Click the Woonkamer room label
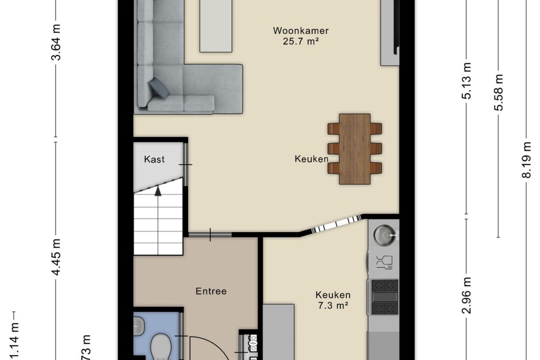(x=301, y=31)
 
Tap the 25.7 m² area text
(x=301, y=42)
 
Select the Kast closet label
(x=154, y=159)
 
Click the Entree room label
(x=211, y=291)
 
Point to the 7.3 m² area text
(x=333, y=306)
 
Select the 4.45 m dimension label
(x=56, y=256)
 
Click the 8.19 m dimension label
(x=526, y=159)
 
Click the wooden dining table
(x=355, y=149)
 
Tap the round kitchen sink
(x=383, y=235)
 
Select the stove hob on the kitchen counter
(x=384, y=297)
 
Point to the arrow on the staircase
(x=158, y=190)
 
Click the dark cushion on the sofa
(x=159, y=88)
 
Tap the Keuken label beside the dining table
(x=312, y=159)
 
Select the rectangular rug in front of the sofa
(x=216, y=26)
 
